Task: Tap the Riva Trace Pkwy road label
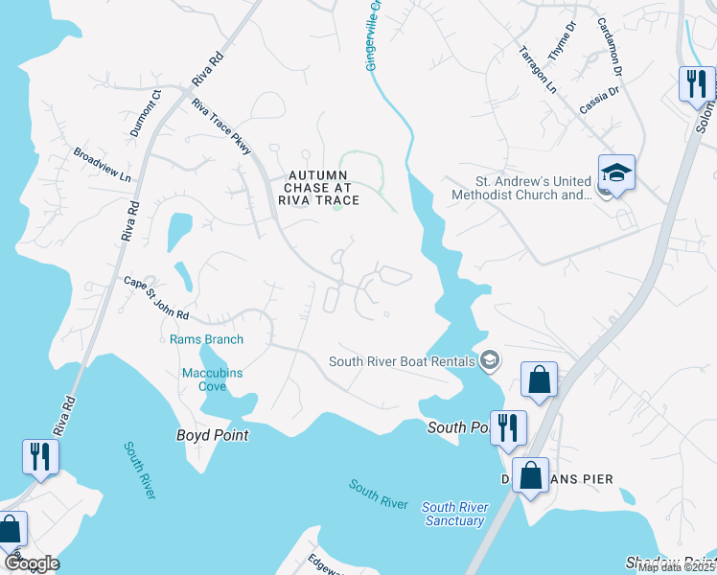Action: click(220, 127)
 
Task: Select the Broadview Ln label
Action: click(102, 165)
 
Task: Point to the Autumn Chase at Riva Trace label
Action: click(318, 188)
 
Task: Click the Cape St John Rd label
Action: click(156, 298)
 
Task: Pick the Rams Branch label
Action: click(206, 339)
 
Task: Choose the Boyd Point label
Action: click(212, 435)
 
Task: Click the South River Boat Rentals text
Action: click(402, 361)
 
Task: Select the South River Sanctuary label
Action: click(452, 514)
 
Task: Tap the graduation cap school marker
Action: click(616, 174)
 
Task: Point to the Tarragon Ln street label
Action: click(537, 69)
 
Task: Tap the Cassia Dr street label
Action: click(600, 102)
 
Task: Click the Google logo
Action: click(32, 563)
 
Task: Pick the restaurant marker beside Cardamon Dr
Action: click(696, 84)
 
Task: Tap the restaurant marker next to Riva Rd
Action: click(39, 456)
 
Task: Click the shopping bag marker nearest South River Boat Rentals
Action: click(539, 379)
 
